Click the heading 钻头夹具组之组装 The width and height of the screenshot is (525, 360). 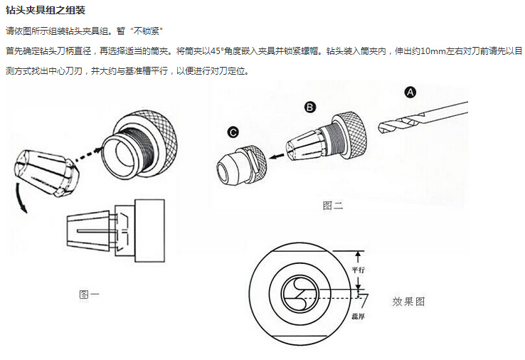pyautogui.click(x=46, y=10)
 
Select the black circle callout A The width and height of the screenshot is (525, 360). pyautogui.click(x=410, y=92)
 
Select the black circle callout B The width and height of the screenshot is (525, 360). pyautogui.click(x=310, y=107)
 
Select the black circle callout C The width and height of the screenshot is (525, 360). pyautogui.click(x=233, y=132)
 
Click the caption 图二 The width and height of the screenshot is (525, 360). pyautogui.click(x=333, y=206)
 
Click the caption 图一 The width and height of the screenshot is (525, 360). pyautogui.click(x=89, y=294)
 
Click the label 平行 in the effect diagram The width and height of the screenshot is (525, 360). pyautogui.click(x=359, y=270)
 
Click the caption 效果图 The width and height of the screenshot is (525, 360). pyautogui.click(x=408, y=301)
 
